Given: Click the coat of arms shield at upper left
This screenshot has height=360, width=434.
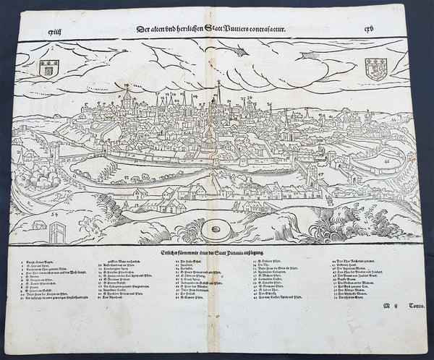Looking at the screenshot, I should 48,68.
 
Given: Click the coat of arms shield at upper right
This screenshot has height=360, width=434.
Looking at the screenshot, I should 378,70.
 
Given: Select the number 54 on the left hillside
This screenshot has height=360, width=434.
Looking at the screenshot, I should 54,215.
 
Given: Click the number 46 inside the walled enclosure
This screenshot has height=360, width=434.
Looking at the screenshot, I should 388,153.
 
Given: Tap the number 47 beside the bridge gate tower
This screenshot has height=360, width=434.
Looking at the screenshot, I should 320,174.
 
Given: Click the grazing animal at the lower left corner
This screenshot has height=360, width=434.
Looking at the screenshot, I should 36,225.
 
